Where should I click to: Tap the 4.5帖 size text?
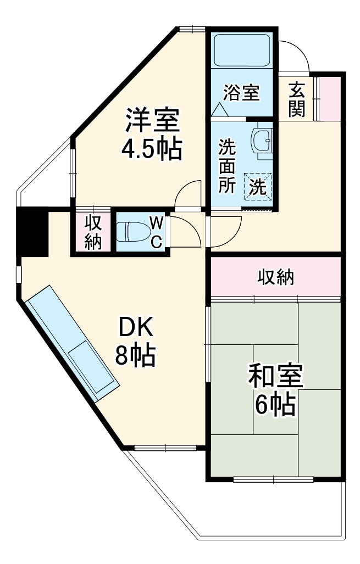(x=152, y=148)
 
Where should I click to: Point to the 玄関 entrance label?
(x=297, y=99)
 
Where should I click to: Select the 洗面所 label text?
(x=226, y=166)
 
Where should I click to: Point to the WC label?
(x=157, y=232)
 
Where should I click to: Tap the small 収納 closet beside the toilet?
(x=93, y=232)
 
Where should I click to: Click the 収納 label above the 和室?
(x=276, y=277)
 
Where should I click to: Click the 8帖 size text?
(x=135, y=355)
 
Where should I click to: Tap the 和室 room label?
(x=275, y=377)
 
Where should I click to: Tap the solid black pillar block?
(x=32, y=231)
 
